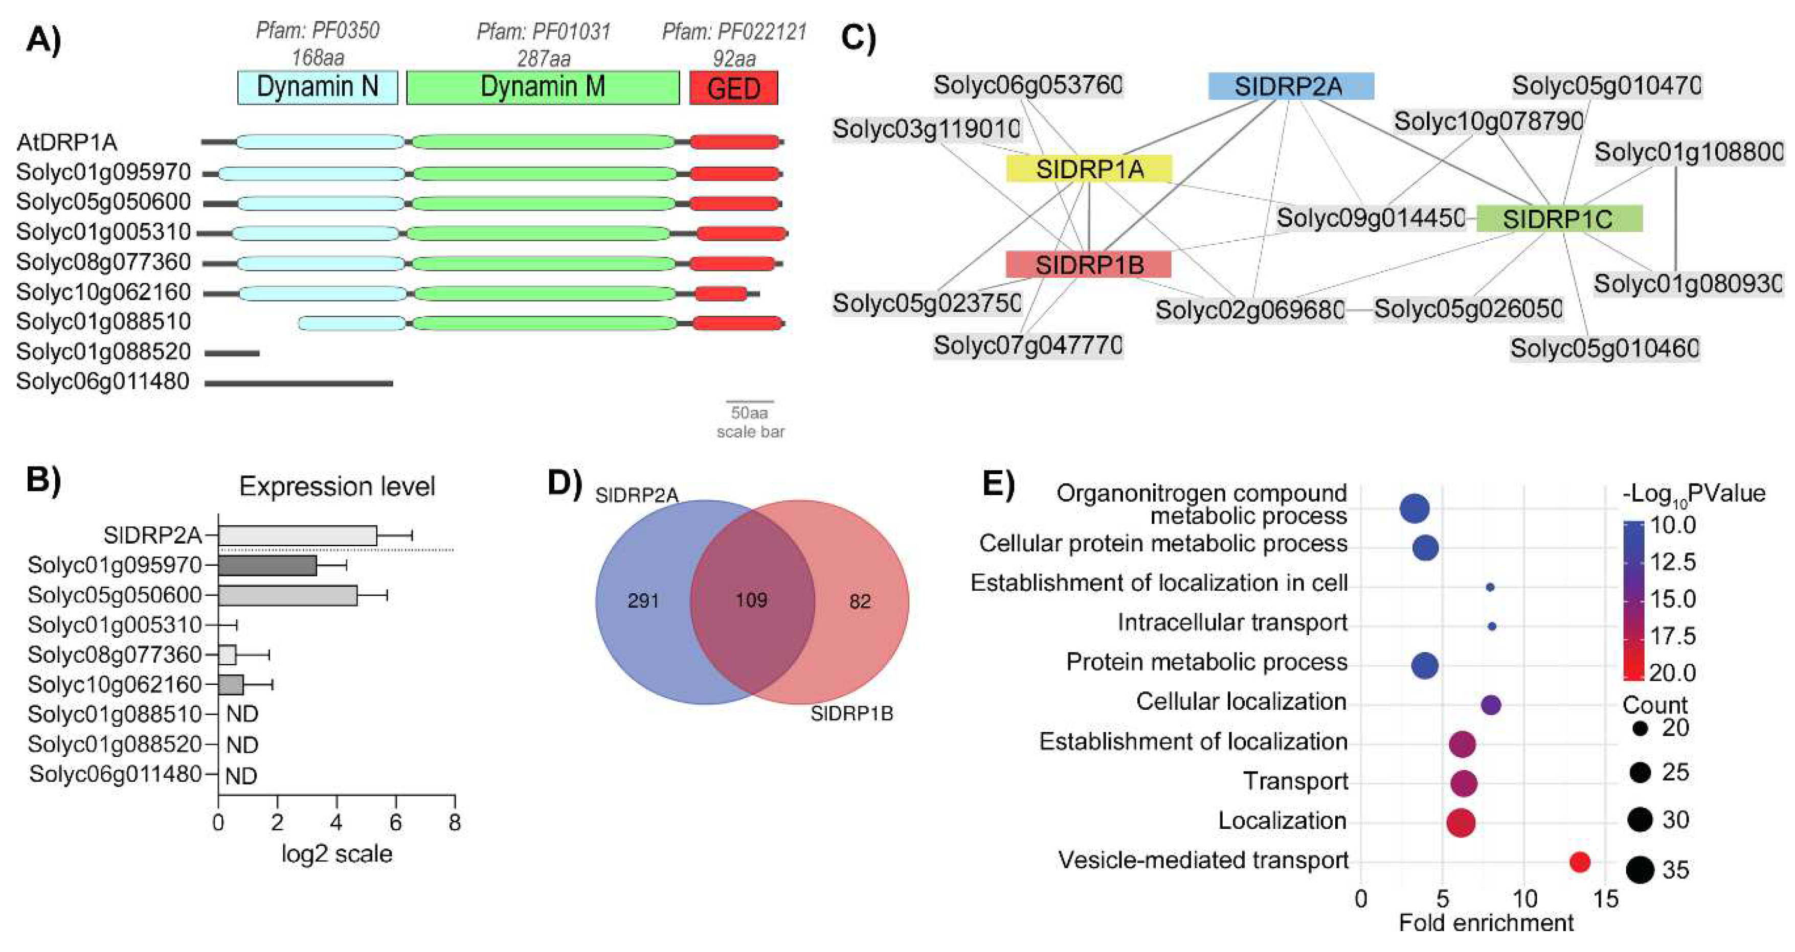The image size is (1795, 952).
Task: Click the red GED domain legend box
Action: (x=733, y=88)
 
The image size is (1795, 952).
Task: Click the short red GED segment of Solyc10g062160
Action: (x=721, y=293)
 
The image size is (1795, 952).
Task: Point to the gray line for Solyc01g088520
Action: (x=232, y=353)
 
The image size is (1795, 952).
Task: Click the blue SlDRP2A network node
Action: (x=1290, y=86)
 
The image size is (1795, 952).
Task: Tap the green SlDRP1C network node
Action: (x=1559, y=219)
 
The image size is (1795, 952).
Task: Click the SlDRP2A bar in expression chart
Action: (x=298, y=535)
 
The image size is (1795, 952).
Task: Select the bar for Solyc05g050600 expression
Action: (x=288, y=595)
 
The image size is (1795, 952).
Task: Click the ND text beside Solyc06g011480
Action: (x=241, y=775)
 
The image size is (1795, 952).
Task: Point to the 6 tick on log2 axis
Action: (x=396, y=823)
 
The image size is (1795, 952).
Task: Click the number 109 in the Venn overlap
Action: (x=751, y=599)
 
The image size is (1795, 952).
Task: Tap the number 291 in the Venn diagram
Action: (x=642, y=600)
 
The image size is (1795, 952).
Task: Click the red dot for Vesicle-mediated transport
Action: (x=1580, y=862)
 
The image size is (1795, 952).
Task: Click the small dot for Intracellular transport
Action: (x=1492, y=626)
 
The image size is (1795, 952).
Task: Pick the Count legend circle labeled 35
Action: (x=1641, y=870)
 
